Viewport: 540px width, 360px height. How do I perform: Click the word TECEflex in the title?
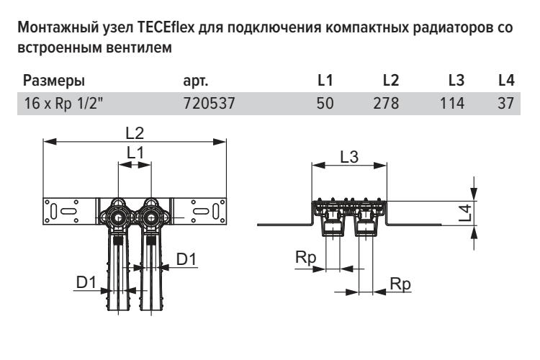click(x=166, y=27)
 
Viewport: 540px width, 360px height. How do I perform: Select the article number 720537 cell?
click(x=209, y=103)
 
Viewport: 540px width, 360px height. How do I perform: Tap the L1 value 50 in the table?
click(x=325, y=103)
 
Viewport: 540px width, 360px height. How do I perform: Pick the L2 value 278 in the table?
click(x=386, y=103)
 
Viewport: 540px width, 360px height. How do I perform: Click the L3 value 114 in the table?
click(x=452, y=103)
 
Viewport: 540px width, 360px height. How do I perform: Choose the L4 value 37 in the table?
click(x=505, y=103)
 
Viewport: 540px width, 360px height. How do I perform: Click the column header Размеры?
click(x=54, y=81)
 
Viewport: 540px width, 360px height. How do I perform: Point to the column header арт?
click(x=196, y=81)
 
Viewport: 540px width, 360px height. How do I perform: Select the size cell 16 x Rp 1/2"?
click(x=63, y=103)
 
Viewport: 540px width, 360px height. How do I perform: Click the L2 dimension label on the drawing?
click(x=135, y=133)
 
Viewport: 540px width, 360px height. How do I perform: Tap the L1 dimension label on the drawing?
click(x=135, y=152)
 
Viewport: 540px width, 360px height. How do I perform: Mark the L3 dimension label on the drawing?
click(x=349, y=157)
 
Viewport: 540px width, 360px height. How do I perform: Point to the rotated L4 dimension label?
click(x=465, y=212)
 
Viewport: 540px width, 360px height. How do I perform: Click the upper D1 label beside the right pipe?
click(x=186, y=259)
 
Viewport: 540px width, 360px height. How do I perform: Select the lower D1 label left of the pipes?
click(x=86, y=282)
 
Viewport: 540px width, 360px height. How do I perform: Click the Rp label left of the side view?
click(x=305, y=257)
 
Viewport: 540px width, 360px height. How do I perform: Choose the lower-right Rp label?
click(x=400, y=284)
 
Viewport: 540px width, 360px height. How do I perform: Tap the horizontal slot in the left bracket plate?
click(x=68, y=211)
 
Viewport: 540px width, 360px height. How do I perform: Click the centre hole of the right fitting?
click(x=151, y=217)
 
